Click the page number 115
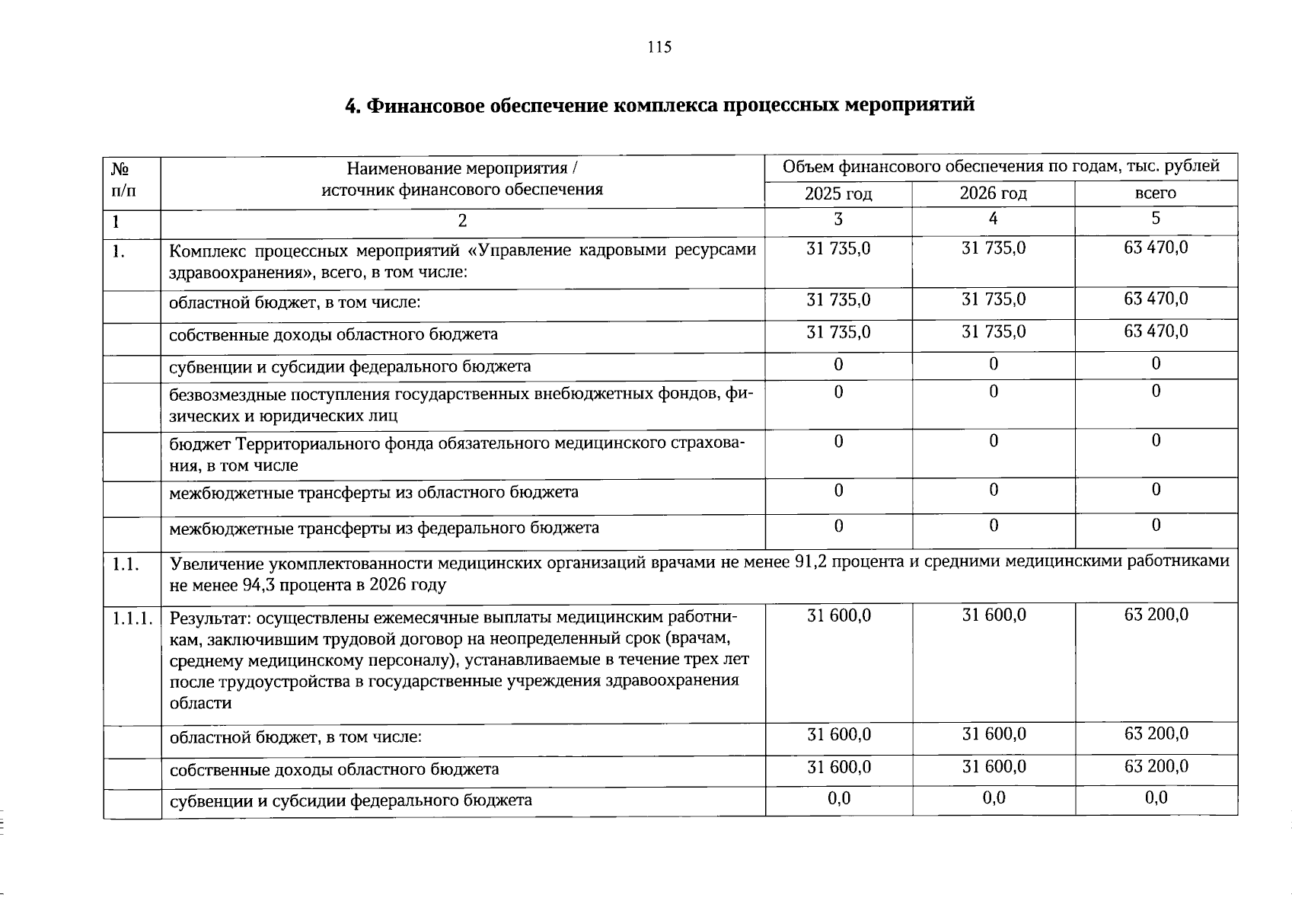point(659,47)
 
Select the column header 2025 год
point(838,194)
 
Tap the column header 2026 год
point(993,194)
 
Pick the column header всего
point(1155,193)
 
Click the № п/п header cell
point(122,178)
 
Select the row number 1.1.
point(125,564)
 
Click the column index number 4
point(993,219)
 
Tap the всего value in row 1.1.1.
point(1156,615)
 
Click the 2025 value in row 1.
point(838,248)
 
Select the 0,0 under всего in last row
point(1156,797)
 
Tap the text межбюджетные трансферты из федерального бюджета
point(384,528)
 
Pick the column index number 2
point(461,221)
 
